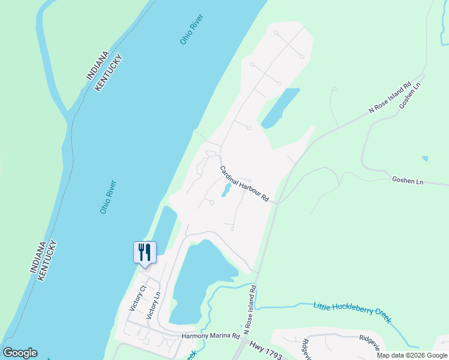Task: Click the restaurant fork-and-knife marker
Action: click(144, 251)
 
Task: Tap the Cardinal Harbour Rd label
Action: click(244, 184)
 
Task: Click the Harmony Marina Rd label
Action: click(211, 336)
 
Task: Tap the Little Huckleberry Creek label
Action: click(352, 313)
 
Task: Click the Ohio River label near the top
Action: click(192, 29)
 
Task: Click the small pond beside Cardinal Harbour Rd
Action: click(226, 190)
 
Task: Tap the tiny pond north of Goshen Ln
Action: click(425, 158)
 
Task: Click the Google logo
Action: click(20, 353)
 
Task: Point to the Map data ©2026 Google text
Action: click(412, 355)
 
